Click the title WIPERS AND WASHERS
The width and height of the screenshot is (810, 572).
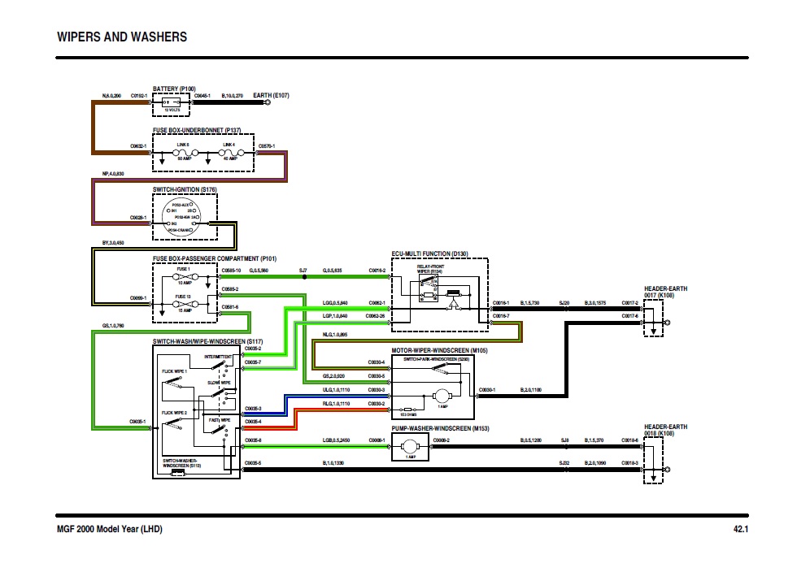click(x=122, y=37)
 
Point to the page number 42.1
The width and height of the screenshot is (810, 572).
click(x=739, y=530)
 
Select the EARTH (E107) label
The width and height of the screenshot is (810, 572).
click(x=272, y=95)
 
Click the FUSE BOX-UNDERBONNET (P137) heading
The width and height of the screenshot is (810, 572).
click(x=198, y=130)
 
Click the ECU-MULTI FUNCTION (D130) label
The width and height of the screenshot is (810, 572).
click(x=429, y=254)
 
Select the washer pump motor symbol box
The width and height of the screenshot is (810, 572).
click(x=412, y=444)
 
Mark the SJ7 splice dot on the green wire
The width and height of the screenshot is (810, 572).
click(x=304, y=276)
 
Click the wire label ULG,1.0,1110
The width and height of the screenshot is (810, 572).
click(x=335, y=390)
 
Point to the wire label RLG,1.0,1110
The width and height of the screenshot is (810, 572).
click(x=335, y=403)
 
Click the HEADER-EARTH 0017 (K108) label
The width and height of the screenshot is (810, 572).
click(x=665, y=292)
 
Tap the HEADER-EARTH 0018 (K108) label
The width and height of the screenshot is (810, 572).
click(x=665, y=430)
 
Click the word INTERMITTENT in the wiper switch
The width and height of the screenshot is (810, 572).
click(x=218, y=357)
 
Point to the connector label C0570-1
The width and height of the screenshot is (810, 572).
click(x=266, y=146)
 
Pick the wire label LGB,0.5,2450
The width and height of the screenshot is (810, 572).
click(x=335, y=440)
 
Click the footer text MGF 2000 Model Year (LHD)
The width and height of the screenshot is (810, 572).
click(x=110, y=530)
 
